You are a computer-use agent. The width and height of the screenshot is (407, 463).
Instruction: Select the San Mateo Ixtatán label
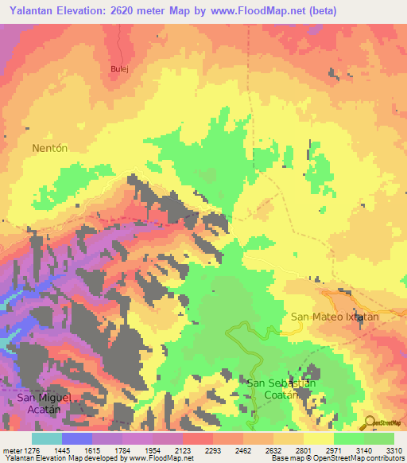(335, 317)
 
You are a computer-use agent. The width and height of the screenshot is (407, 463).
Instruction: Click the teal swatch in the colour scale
(47, 438)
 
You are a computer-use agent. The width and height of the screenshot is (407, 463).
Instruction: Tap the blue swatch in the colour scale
(77, 438)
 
